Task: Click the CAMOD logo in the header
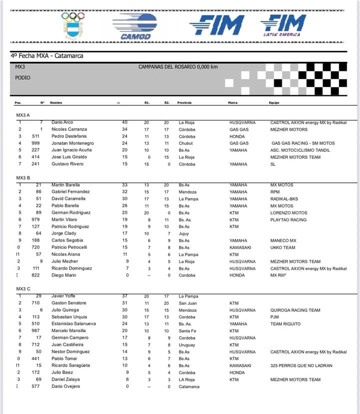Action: pyautogui.click(x=134, y=26)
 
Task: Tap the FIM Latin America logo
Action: pyautogui.click(x=282, y=25)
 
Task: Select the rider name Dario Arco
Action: pyautogui.click(x=62, y=122)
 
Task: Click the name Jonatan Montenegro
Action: pyautogui.click(x=72, y=143)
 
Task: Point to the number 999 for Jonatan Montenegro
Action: pyautogui.click(x=36, y=143)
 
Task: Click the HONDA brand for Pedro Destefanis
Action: pyautogui.click(x=237, y=136)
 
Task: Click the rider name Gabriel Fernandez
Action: pyautogui.click(x=70, y=192)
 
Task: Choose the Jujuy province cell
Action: pyautogui.click(x=183, y=234)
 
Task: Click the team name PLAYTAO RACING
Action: pyautogui.click(x=289, y=220)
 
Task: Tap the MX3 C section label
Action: pyautogui.click(x=23, y=289)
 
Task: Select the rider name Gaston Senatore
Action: pyautogui.click(x=69, y=303)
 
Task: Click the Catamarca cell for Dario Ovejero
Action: pyautogui.click(x=189, y=387)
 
